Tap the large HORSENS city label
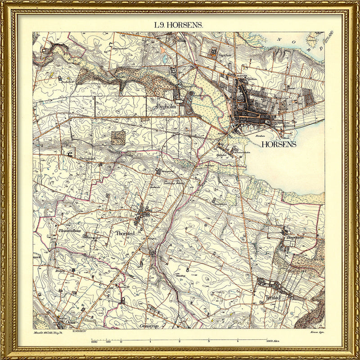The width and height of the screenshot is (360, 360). click(279, 144)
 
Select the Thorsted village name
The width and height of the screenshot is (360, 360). click(126, 234)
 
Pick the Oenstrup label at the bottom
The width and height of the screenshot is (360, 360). click(151, 325)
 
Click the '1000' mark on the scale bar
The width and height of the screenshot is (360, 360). click(94, 342)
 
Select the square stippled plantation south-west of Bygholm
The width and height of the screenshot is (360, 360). click(118, 138)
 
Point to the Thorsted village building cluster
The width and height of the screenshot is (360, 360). click(143, 214)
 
